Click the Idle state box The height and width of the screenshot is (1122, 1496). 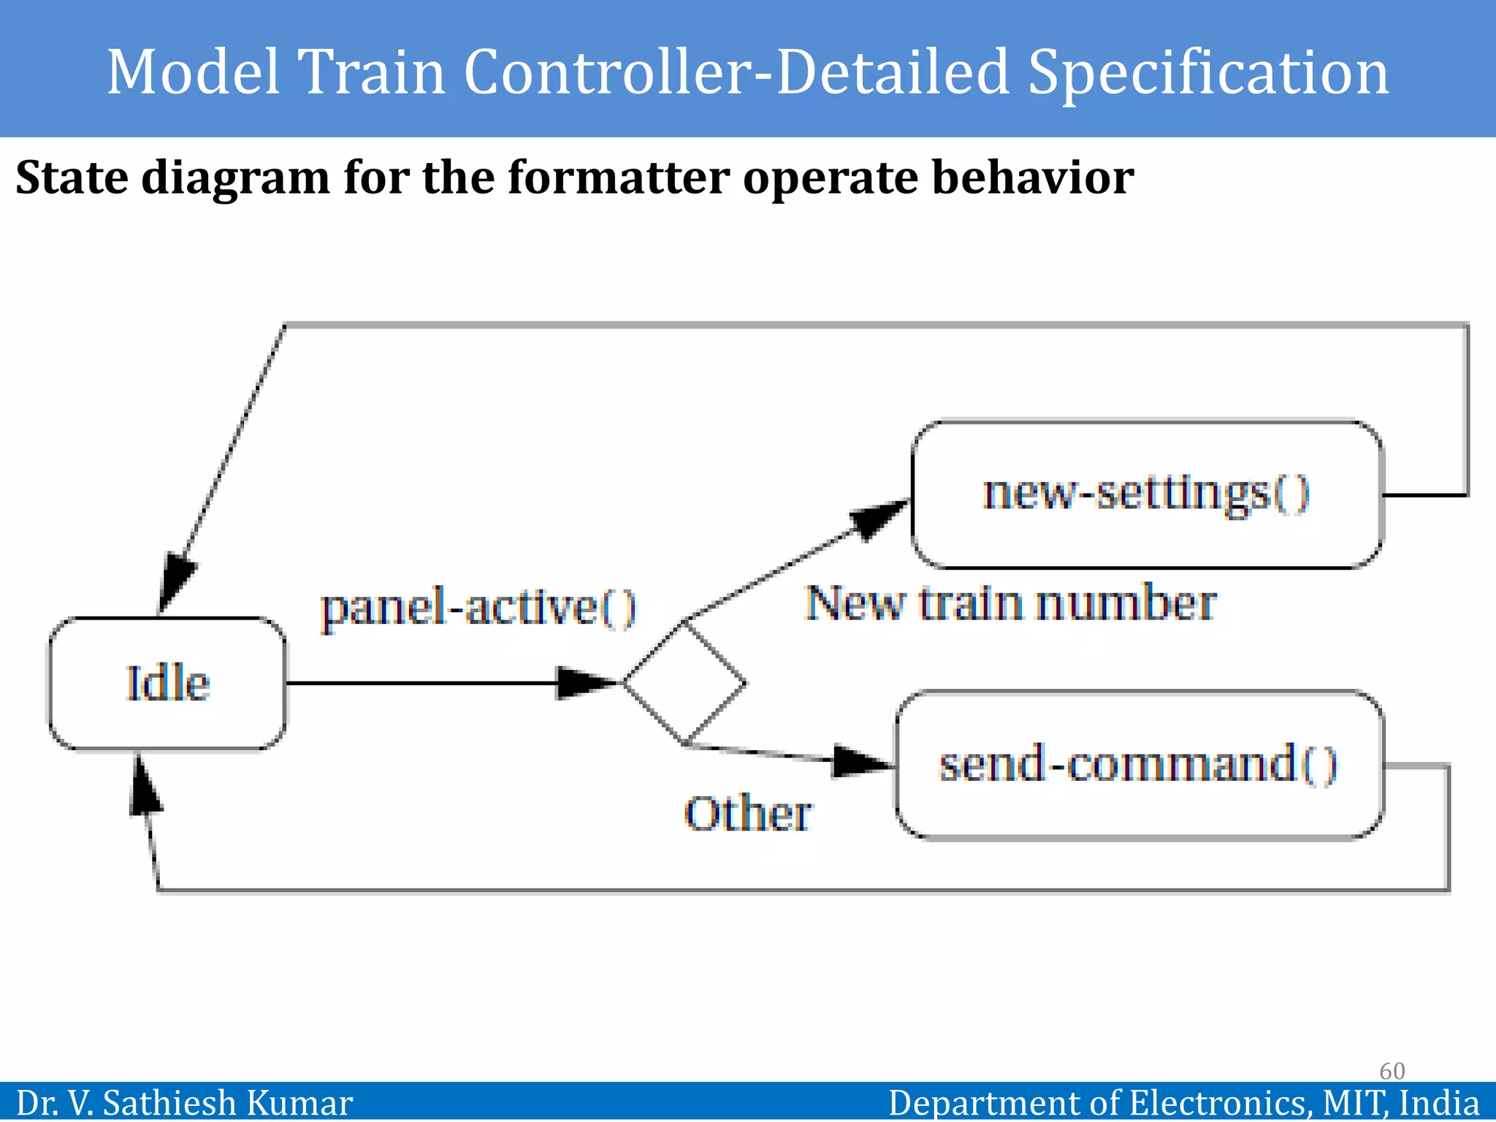pos(167,684)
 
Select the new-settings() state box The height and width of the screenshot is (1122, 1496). pos(1146,495)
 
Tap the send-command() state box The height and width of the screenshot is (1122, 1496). pos(1139,765)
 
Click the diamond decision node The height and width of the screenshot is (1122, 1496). pos(684,683)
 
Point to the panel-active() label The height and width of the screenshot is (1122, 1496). pos(478,608)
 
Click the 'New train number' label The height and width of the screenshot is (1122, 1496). pos(1010,604)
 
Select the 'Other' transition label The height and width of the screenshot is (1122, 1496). pos(747,814)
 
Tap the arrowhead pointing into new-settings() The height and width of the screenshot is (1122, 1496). pos(877,517)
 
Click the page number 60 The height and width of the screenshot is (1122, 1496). pos(1392,1071)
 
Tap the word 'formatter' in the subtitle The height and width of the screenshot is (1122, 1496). pos(618,178)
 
